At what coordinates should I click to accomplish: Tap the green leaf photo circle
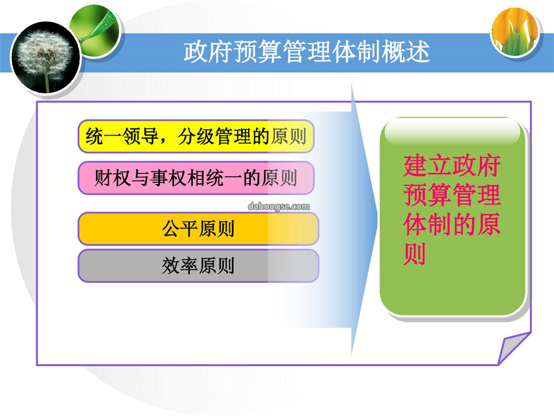click(95, 30)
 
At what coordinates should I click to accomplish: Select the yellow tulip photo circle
click(516, 31)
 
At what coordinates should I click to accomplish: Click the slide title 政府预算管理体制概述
click(306, 52)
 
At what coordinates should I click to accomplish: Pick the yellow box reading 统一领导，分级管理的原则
click(196, 136)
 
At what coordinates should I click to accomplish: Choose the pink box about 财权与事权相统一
click(196, 178)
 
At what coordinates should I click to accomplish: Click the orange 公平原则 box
click(198, 229)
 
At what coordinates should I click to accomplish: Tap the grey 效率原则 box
click(198, 266)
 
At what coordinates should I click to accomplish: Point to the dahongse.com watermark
click(279, 206)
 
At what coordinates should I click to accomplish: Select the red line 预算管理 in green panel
click(452, 195)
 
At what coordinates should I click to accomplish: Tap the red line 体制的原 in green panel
click(452, 224)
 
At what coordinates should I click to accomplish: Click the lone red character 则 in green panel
click(414, 254)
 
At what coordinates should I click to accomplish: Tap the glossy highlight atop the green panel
click(452, 131)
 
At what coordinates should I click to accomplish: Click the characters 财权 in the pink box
click(113, 178)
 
